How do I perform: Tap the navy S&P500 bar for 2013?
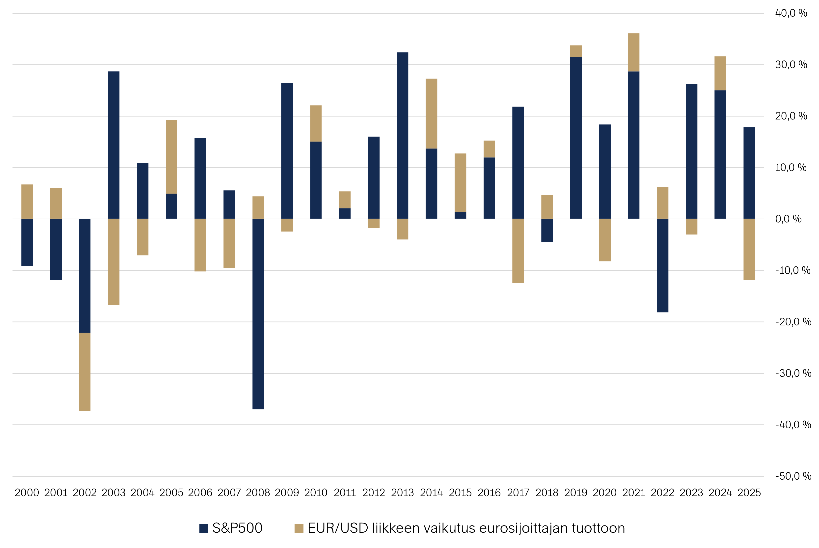tap(402, 136)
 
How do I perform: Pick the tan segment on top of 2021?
tap(633, 53)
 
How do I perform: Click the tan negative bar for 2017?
tap(518, 251)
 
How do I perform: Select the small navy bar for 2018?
tap(547, 230)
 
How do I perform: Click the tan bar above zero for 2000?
tap(27, 202)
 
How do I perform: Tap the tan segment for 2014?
tap(431, 114)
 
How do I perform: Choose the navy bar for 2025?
tap(749, 173)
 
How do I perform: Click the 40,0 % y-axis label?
tap(791, 13)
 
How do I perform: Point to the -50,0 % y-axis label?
tap(793, 476)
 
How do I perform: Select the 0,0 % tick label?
tap(788, 219)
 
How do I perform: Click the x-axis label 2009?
tap(287, 493)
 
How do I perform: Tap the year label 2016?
tap(489, 493)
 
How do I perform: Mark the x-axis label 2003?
tap(113, 493)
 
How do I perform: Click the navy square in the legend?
tap(204, 528)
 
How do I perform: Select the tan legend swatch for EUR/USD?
tap(299, 528)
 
